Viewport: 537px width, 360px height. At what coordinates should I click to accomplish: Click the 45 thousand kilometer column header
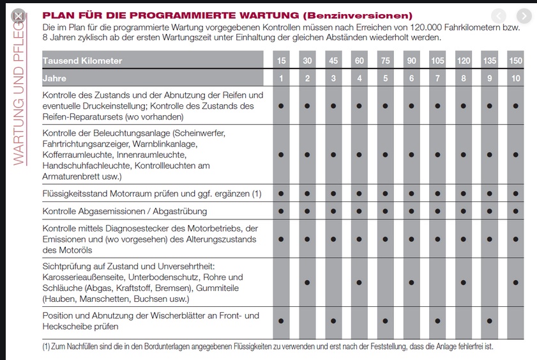pos(333,60)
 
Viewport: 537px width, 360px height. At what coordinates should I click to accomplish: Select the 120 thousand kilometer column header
pos(463,60)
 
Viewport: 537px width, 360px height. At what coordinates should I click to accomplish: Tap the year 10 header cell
pos(515,78)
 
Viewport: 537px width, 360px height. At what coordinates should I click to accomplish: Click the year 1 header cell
pos(281,78)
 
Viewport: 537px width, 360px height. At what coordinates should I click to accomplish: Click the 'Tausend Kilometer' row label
pos(82,61)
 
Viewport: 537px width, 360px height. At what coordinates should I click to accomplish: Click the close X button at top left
pos(19,16)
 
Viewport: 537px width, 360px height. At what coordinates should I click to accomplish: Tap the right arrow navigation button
pos(524,16)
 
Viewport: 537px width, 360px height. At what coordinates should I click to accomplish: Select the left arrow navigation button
pos(499,16)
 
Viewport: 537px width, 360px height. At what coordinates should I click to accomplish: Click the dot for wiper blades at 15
pos(281,321)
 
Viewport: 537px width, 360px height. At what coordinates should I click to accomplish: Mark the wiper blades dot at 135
pos(489,321)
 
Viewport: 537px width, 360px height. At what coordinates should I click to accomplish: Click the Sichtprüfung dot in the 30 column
pos(307,282)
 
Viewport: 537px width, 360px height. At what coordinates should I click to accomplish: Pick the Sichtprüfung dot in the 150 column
pos(515,282)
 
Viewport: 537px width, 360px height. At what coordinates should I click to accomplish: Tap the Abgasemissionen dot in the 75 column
pos(385,211)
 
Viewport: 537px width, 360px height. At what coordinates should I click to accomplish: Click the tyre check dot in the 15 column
pos(281,105)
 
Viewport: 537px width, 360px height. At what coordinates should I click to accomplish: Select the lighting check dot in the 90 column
pos(411,154)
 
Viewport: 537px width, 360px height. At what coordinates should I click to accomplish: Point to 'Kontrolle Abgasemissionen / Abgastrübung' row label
pos(125,211)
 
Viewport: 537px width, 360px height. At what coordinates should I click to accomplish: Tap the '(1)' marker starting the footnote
pos(47,347)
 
